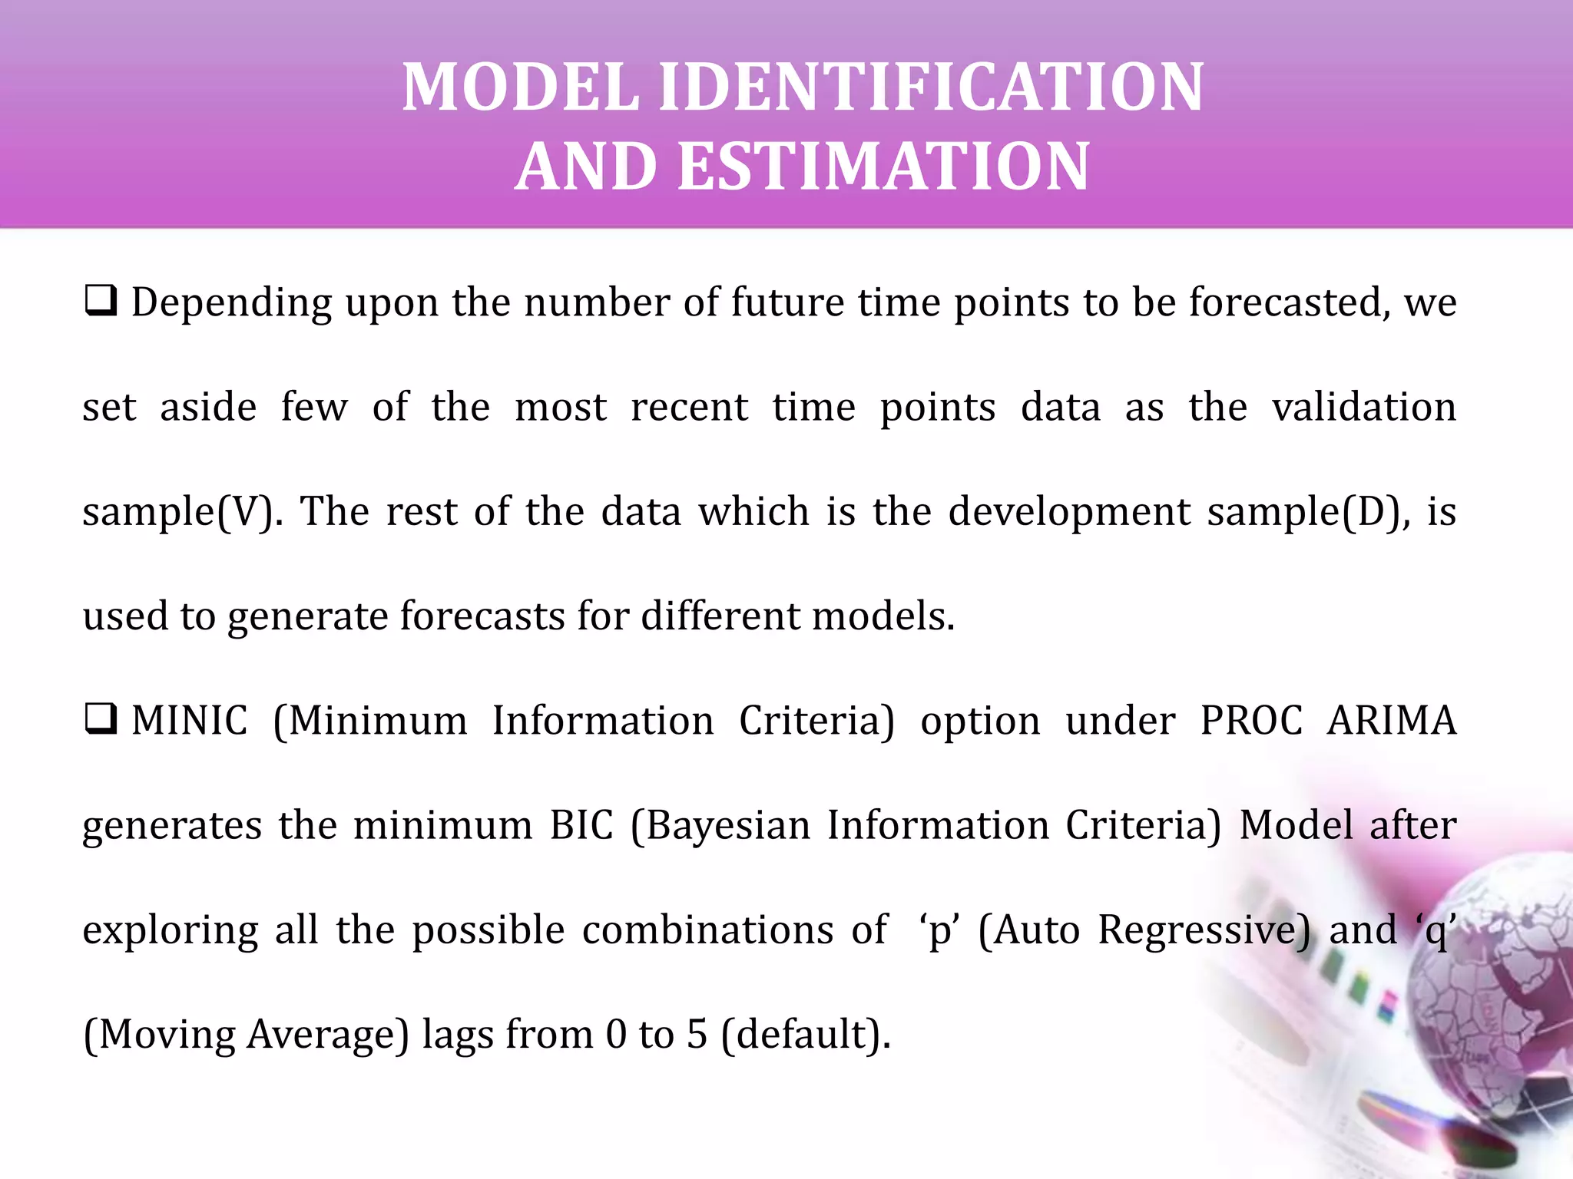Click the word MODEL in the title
coord(522,88)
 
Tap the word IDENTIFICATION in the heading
coord(931,88)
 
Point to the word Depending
coord(231,303)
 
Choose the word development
coord(1069,512)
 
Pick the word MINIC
coord(189,721)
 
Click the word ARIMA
coord(1392,721)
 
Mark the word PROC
coord(1251,721)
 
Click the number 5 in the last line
coord(697,1034)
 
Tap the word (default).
coord(806,1035)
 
